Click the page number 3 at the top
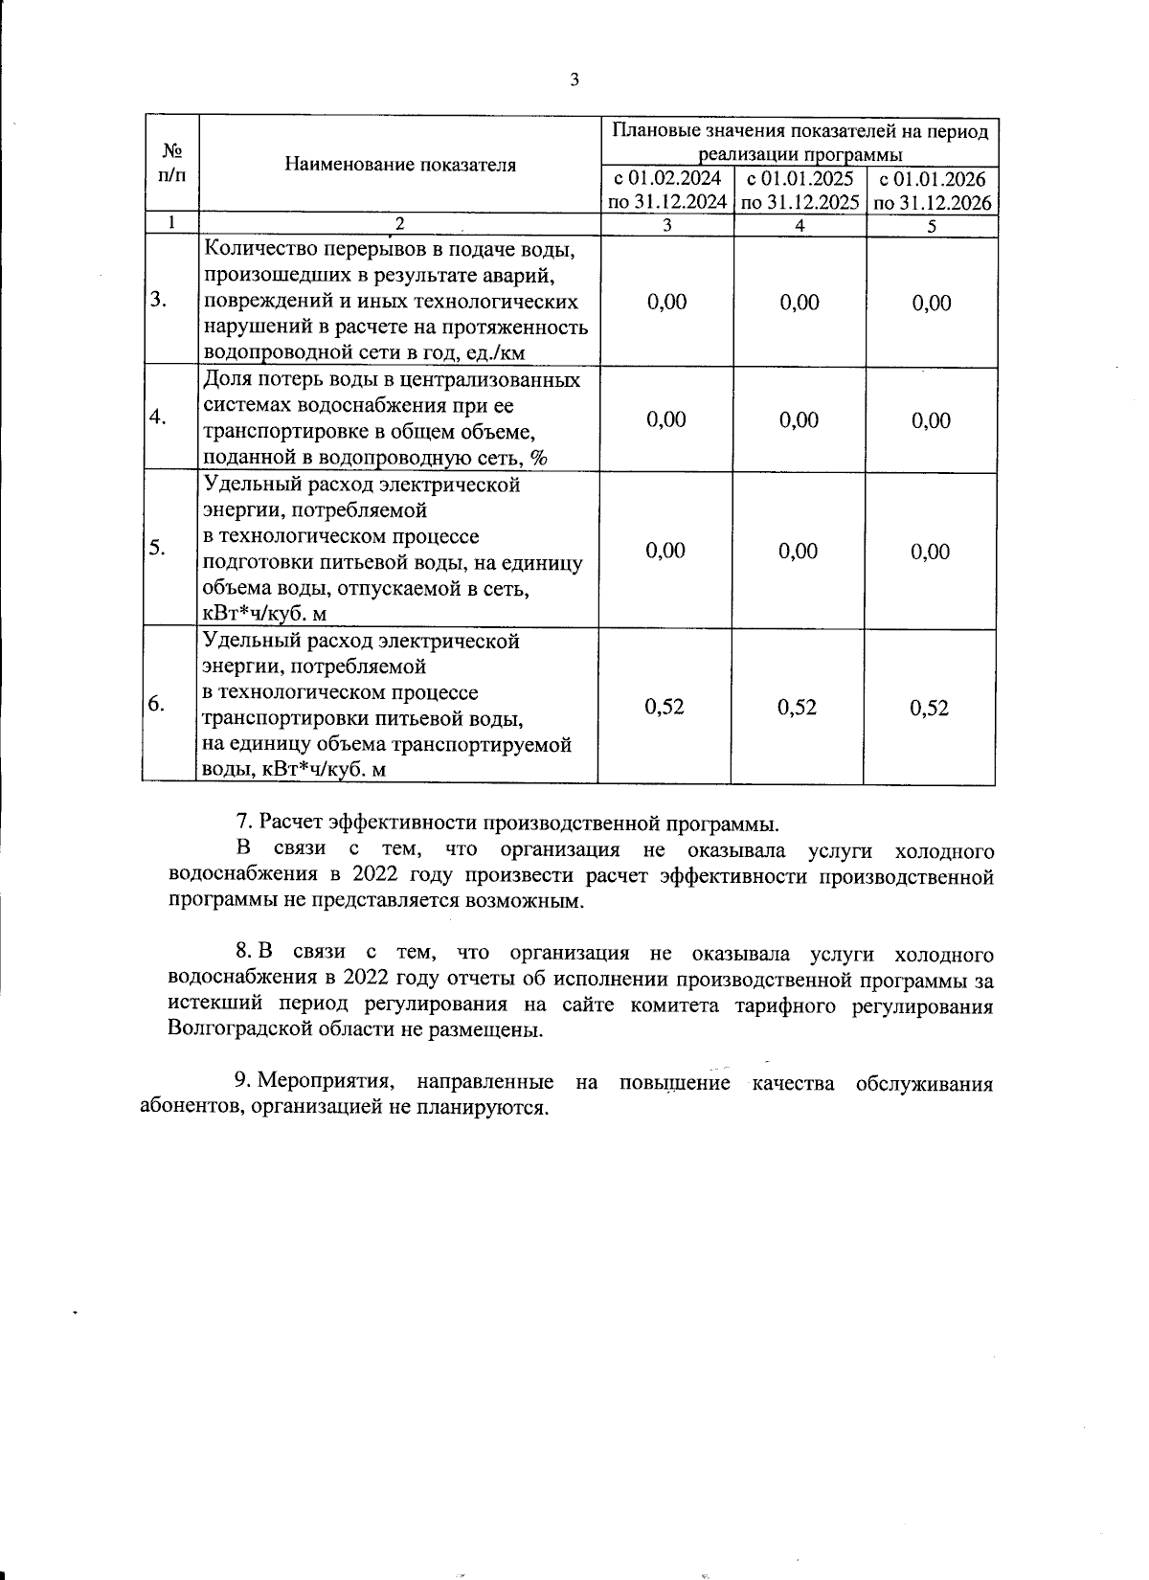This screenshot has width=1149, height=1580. point(574,80)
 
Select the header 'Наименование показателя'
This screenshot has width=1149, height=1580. point(400,165)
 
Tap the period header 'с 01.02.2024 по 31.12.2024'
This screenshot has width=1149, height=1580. point(666,190)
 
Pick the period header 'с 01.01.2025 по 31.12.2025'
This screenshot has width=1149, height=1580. point(800,190)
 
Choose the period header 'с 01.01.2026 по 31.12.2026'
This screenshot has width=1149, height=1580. point(932,190)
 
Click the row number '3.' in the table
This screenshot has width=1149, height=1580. point(159,300)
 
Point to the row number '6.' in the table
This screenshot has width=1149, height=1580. point(157,704)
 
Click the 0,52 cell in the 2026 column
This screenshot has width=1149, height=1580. point(930,708)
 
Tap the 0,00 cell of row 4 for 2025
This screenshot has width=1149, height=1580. point(800,419)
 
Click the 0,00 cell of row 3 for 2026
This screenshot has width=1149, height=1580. point(932,303)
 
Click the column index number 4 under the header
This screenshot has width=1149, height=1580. point(800,225)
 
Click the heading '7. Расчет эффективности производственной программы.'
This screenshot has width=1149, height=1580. point(507,824)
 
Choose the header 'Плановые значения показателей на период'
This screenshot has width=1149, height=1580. point(800,131)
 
